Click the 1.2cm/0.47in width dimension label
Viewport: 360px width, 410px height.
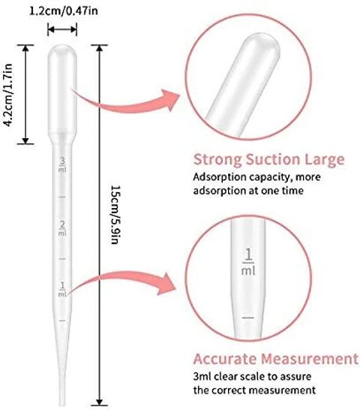click(x=64, y=11)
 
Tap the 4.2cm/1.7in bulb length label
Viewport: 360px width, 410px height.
click(x=8, y=95)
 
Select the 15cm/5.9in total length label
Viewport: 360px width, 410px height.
click(x=115, y=215)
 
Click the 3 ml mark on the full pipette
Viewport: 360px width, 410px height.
click(x=62, y=164)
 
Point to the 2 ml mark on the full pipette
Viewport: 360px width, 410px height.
click(x=62, y=228)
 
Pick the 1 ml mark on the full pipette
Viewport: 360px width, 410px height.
click(x=62, y=290)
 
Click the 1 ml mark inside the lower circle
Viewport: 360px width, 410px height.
click(x=248, y=262)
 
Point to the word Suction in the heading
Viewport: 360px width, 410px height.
click(x=273, y=159)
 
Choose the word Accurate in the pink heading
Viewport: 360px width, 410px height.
click(x=225, y=359)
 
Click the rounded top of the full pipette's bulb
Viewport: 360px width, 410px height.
click(x=62, y=48)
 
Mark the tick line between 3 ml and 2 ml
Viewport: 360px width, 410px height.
click(x=62, y=197)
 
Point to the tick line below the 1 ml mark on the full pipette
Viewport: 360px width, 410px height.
click(x=62, y=321)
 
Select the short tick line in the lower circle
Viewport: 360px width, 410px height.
click(x=248, y=318)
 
